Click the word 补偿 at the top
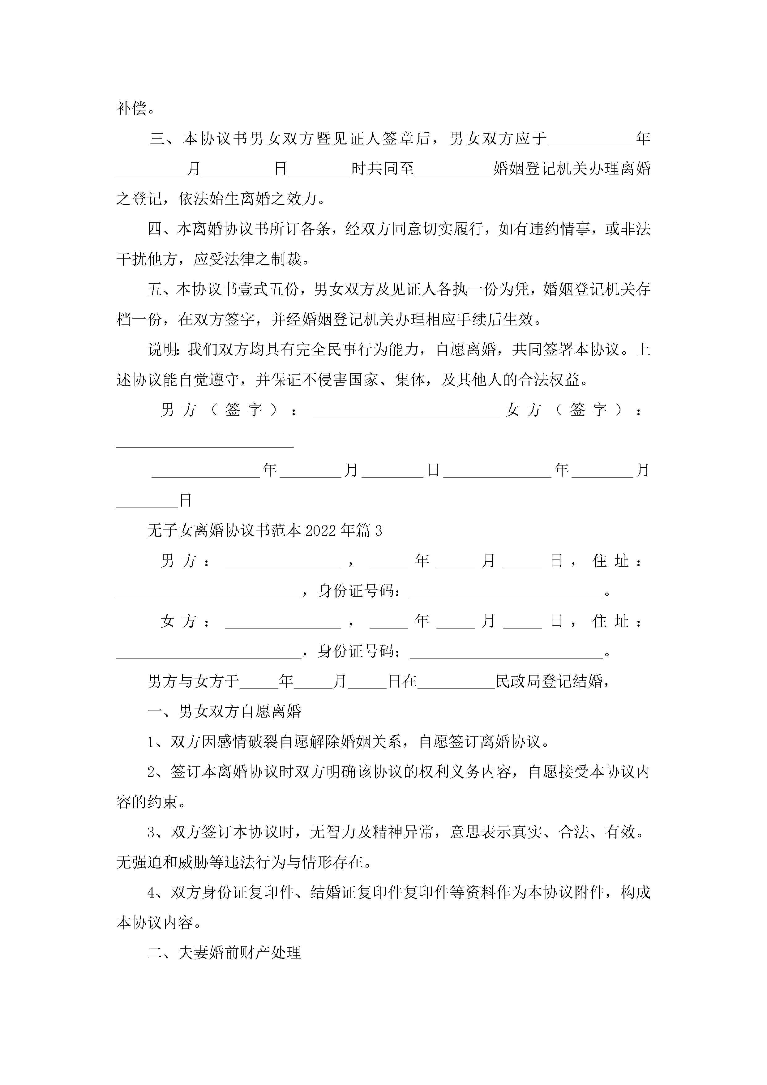coord(131,109)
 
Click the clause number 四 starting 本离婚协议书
coord(155,229)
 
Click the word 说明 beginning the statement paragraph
coord(162,350)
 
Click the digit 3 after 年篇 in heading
coord(379,531)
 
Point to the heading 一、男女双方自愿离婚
coord(225,712)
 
